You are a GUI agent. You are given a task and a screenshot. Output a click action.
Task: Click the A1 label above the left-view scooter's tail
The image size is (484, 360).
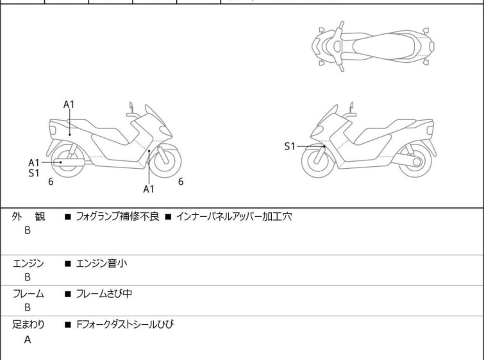pos(69,105)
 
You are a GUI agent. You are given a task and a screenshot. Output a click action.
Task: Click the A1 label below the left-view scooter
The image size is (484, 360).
pos(149,189)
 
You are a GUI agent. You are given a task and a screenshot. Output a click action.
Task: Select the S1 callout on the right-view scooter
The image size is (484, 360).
pos(290,146)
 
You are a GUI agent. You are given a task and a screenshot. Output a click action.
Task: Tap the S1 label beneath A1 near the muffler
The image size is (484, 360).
pos(34,173)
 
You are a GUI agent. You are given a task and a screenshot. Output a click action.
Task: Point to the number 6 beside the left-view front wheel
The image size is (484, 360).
pos(181,182)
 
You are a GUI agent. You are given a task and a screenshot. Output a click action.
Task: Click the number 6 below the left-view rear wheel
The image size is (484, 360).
pos(51,182)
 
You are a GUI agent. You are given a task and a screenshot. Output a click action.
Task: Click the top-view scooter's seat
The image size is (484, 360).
pos(383,47)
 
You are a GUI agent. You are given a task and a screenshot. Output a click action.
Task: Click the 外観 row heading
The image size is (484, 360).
pos(28,216)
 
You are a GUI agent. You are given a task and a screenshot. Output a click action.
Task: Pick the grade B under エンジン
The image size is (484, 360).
pos(28,277)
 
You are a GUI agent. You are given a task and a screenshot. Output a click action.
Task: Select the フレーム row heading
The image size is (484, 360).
pos(28,293)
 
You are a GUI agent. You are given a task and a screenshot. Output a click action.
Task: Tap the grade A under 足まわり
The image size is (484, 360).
pos(28,339)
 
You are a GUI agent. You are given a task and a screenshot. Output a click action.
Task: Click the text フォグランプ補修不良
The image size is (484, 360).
pos(117,216)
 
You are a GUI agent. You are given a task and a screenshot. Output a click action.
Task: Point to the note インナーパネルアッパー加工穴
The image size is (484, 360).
pos(234,216)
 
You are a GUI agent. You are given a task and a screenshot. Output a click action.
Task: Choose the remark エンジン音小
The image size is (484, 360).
pos(101,263)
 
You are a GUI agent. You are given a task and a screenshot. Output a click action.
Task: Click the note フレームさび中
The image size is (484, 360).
pos(104,293)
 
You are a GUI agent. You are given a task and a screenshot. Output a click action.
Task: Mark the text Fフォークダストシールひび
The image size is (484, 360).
pos(125,324)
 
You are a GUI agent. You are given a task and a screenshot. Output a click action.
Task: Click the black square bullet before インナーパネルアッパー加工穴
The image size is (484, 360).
pos(168,217)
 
